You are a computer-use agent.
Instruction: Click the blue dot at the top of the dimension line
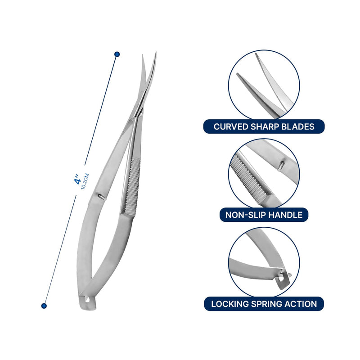click(117, 54)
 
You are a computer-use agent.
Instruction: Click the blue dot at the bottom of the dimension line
click(44, 306)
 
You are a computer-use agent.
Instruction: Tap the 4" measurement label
click(77, 179)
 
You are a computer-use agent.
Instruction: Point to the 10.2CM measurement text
click(85, 181)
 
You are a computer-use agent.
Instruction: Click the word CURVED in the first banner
click(230, 126)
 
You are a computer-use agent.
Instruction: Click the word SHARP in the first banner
click(264, 126)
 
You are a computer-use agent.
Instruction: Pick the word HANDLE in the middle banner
click(285, 215)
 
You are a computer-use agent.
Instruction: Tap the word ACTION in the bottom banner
click(301, 304)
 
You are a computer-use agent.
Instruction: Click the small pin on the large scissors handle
click(101, 196)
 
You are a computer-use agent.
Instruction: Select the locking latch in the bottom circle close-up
click(283, 279)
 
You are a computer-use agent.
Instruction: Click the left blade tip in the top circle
click(238, 74)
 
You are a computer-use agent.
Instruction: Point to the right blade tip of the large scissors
click(156, 52)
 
